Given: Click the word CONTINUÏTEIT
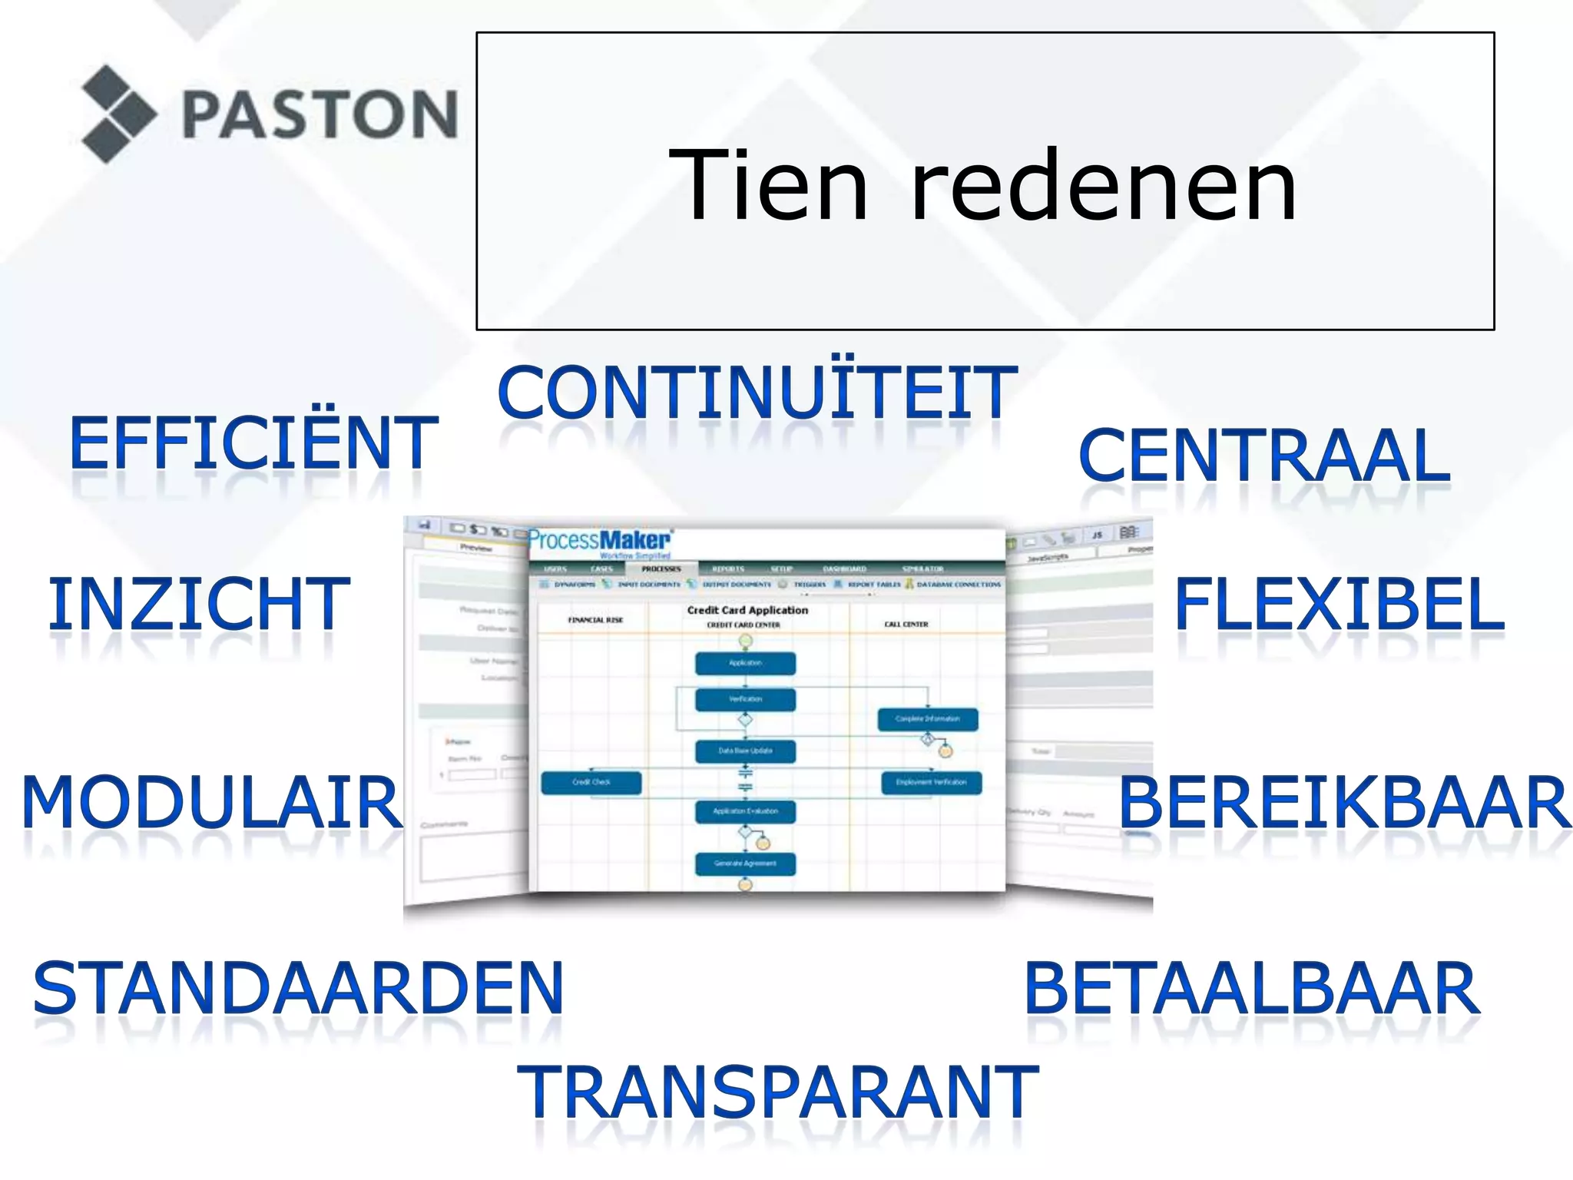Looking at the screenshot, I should [757, 393].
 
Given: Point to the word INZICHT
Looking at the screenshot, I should [199, 605].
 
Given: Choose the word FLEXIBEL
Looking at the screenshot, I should [1340, 605].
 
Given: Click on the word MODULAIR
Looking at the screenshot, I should [212, 803].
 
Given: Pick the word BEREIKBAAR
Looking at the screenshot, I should [1345, 803].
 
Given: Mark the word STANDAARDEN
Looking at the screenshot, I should [298, 989].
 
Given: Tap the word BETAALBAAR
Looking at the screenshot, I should [1252, 989].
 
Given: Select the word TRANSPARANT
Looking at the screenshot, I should [777, 1092].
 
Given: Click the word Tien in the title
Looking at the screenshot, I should [768, 186].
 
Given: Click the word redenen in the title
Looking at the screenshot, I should [1103, 186].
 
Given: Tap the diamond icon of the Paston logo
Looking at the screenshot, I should [118, 114].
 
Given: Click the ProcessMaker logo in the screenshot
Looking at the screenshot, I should [600, 541].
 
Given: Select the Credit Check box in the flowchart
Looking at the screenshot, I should [591, 782].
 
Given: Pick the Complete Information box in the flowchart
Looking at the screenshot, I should [927, 719].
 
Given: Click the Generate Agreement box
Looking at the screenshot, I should [745, 863].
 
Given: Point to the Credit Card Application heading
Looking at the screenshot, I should [747, 610].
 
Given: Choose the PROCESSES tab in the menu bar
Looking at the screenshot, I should [661, 569].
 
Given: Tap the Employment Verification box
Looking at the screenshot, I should [931, 782].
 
